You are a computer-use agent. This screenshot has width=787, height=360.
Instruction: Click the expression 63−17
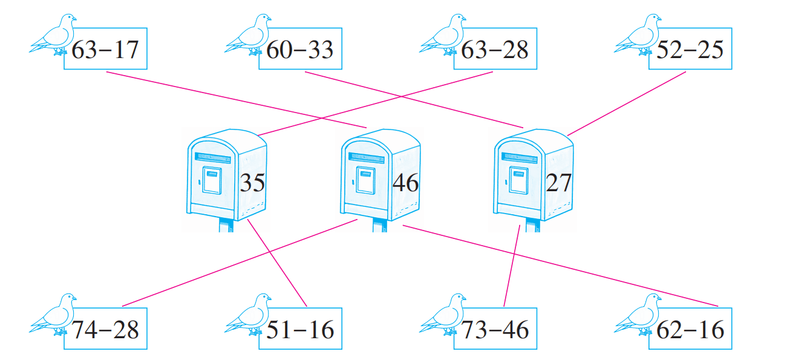[105, 49]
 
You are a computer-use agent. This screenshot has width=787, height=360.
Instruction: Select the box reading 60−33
[300, 49]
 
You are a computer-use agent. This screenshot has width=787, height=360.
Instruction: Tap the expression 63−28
[495, 49]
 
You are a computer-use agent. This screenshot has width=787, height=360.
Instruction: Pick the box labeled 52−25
[690, 49]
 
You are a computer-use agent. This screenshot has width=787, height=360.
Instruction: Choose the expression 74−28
[105, 329]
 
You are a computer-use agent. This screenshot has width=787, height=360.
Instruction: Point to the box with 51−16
[300, 329]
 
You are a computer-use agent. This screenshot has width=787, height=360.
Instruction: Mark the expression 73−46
[495, 329]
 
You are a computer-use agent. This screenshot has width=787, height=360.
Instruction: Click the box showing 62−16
[690, 329]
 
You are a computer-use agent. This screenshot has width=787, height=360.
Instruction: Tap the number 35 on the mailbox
[252, 182]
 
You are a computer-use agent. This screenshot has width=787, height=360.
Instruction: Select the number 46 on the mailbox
[405, 182]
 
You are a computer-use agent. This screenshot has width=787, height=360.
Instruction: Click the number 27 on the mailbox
[558, 182]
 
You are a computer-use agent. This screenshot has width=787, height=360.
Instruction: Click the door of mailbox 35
[211, 180]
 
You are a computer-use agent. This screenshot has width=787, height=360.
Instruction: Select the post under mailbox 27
[532, 226]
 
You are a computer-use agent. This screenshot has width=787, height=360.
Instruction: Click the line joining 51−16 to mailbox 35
[278, 262]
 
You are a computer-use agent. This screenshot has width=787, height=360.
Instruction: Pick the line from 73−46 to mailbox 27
[512, 266]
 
